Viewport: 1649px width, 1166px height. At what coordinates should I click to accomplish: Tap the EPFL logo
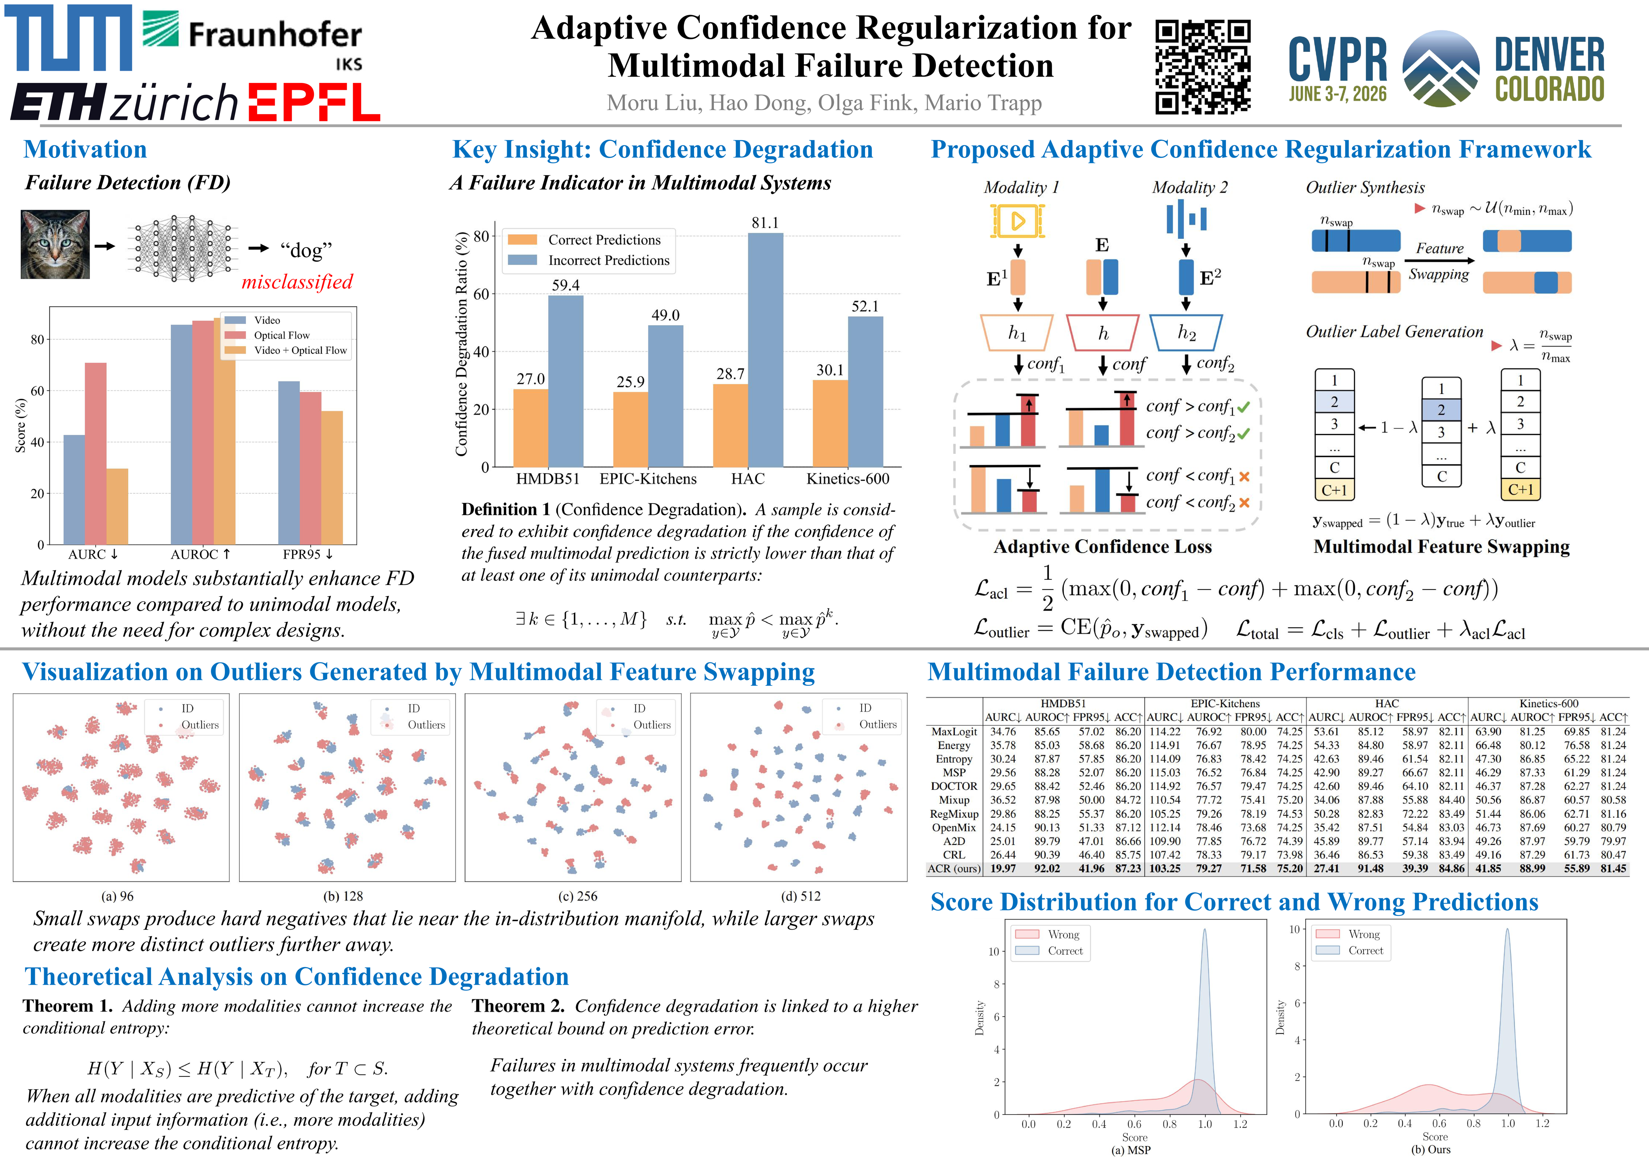pos(314,102)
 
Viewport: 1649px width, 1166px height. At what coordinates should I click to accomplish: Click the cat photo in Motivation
pos(55,244)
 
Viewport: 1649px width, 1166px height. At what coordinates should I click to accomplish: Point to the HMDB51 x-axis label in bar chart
pos(547,479)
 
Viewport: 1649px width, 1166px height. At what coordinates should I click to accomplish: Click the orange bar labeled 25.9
pos(631,429)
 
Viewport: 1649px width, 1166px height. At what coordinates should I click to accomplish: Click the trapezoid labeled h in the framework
pos(1102,332)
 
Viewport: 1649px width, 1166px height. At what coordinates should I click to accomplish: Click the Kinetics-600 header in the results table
pos(1549,704)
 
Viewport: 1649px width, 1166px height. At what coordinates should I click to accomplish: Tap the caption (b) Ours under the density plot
pos(1431,1149)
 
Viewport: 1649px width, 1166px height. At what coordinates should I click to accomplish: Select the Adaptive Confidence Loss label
pos(1102,547)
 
